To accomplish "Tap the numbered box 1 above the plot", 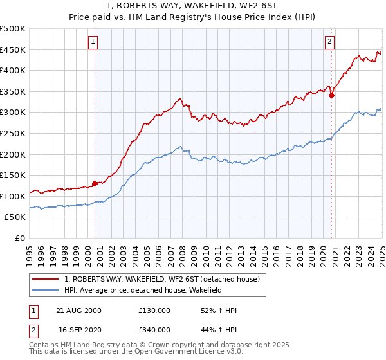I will click(x=94, y=42).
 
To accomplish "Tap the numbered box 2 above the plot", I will click(x=329, y=42).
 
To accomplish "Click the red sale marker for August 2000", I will click(x=95, y=183).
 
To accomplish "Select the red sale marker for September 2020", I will click(x=332, y=95).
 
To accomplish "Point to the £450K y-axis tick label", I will click(x=13, y=50).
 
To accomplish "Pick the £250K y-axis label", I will click(x=13, y=133).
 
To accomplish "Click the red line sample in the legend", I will click(x=46, y=279).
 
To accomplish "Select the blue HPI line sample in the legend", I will click(x=46, y=290).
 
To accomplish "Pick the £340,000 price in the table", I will click(x=154, y=329).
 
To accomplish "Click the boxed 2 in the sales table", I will click(x=33, y=329).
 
